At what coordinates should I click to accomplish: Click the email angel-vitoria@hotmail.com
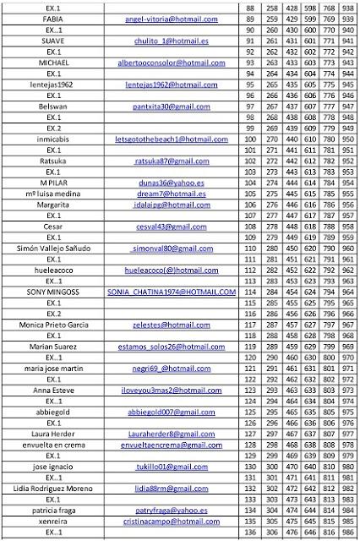coord(172,19)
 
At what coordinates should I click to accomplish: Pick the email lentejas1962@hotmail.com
coord(172,85)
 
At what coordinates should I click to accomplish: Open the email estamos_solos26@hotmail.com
coord(172,347)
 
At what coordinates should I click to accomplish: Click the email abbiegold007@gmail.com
coord(172,413)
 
